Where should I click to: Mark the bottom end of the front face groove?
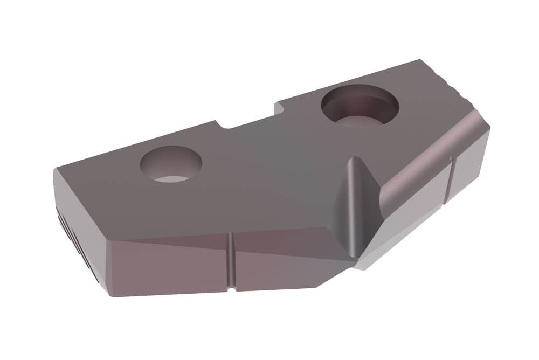pyautogui.click(x=231, y=290)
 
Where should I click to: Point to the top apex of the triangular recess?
pyautogui.click(x=353, y=158)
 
